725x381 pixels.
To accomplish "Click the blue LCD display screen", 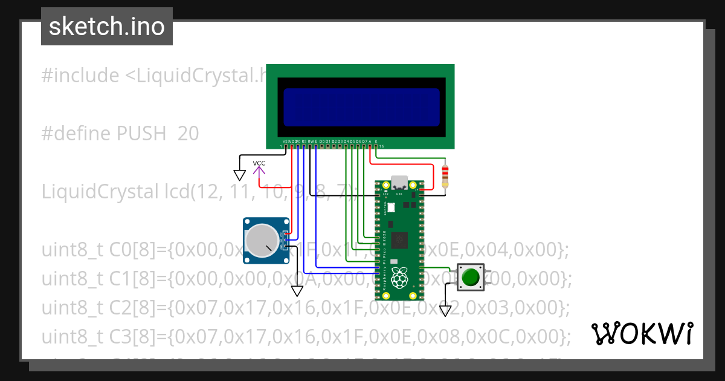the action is tap(361, 107).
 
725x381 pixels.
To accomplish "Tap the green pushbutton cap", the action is tap(470, 278).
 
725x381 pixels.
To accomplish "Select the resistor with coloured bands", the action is tap(446, 175).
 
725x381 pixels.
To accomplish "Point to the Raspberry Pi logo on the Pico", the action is tap(398, 279).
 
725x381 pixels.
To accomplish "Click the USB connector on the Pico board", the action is tap(399, 183).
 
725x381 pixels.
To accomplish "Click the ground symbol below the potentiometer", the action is tap(297, 291).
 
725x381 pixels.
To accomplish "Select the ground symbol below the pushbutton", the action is tap(445, 311).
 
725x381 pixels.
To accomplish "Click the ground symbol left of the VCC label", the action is tap(240, 175).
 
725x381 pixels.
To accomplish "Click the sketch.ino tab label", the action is tap(107, 27).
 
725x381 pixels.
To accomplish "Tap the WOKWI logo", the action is tap(642, 333).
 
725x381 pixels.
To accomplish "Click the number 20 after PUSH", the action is tap(188, 134).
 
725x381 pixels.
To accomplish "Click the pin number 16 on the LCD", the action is tap(381, 146).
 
